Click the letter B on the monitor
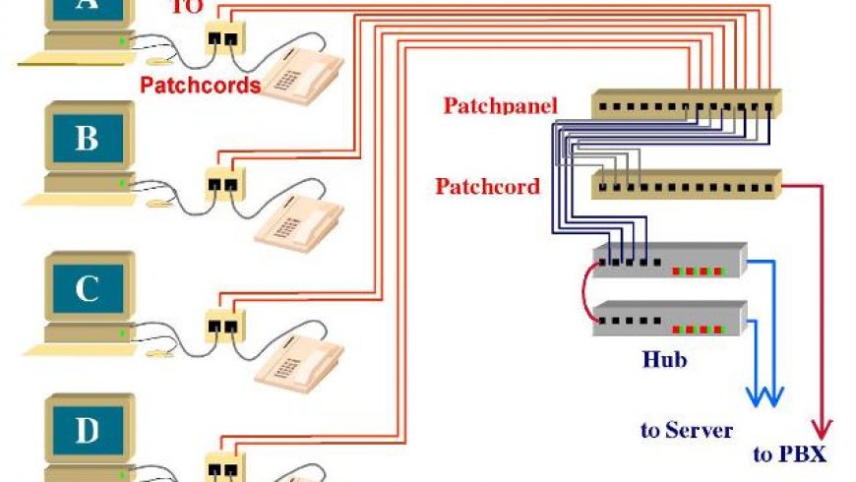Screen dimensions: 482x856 [x=87, y=139]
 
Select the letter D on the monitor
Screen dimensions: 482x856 [x=87, y=430]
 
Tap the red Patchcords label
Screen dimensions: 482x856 [x=200, y=86]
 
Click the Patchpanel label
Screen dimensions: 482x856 [x=500, y=105]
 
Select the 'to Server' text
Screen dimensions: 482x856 [x=686, y=430]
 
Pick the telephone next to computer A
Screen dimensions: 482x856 [x=301, y=73]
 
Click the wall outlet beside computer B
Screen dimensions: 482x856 [x=223, y=182]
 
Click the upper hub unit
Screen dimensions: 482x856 [x=669, y=262]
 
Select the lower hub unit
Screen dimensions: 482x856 [x=669, y=320]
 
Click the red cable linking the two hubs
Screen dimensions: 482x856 [x=586, y=291]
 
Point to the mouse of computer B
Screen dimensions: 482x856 [x=157, y=204]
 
